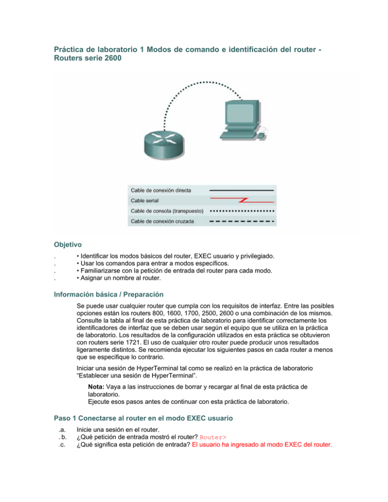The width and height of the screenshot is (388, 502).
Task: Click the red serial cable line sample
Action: click(241, 200)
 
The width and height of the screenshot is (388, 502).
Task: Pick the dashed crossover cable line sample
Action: click(241, 221)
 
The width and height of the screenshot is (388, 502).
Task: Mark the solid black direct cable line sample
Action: click(241, 190)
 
